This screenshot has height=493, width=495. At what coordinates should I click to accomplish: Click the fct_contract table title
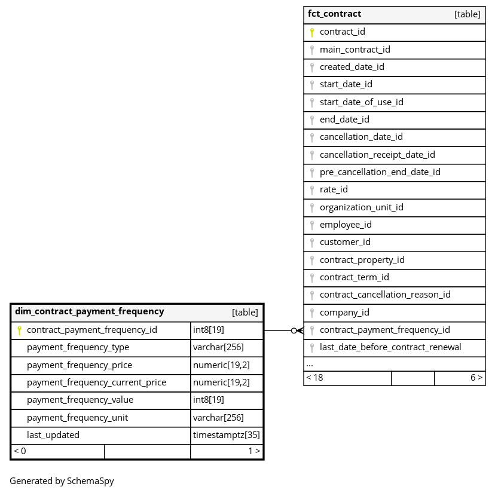coord(334,14)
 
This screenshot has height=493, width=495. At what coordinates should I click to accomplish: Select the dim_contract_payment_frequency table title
coord(89,311)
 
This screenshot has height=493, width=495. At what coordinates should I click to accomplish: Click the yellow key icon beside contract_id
coord(311,32)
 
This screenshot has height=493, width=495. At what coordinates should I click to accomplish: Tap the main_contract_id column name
coord(355,50)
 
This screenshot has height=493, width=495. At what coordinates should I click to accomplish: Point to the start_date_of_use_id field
coord(361,102)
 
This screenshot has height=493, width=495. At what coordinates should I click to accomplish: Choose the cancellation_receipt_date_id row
coord(377,155)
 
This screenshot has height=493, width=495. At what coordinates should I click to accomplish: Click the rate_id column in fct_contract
coord(334,189)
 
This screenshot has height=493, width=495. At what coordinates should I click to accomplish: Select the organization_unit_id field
coord(361,207)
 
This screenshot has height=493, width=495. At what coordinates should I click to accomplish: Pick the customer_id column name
coord(345,242)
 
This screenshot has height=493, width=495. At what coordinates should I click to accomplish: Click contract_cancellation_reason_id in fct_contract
coord(385,295)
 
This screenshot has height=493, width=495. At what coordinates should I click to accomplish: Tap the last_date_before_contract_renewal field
coord(390,347)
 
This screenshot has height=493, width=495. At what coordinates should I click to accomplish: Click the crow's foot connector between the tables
coord(297,330)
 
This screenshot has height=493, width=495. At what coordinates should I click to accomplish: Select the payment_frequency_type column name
coord(78,348)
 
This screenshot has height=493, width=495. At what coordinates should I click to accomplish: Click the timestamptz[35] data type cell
coord(227,435)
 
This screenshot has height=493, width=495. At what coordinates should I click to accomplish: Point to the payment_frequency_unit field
coord(77,418)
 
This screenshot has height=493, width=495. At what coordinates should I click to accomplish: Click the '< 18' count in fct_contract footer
coord(314,378)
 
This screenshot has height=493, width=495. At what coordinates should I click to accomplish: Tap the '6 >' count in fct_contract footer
coord(476,378)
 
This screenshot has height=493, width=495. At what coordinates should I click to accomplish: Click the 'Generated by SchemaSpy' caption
coord(62,481)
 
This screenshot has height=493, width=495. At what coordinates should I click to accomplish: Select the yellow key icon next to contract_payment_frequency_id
coord(19,330)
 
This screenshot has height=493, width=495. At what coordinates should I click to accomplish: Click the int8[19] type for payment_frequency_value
coord(209,400)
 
